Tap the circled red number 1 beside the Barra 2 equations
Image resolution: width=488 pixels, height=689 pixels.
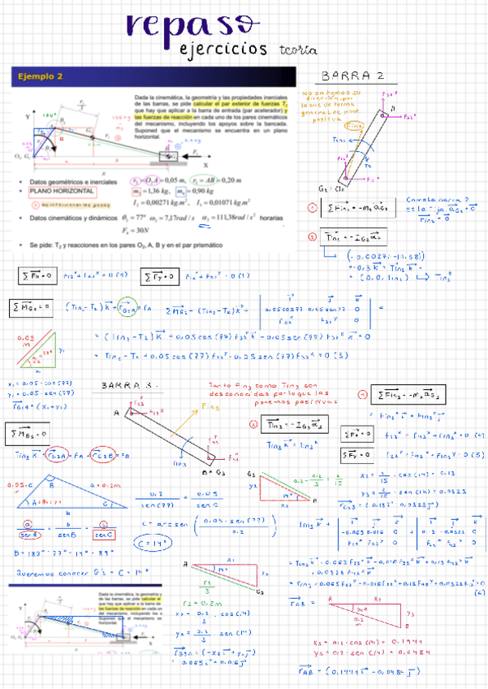(x=313, y=208)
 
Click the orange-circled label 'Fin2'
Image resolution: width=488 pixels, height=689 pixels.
(x=354, y=126)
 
